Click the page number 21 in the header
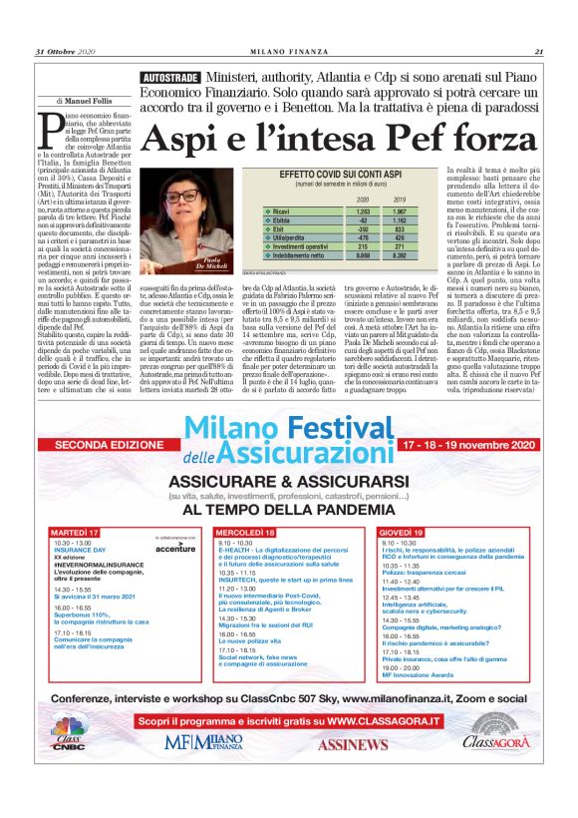tap(538, 51)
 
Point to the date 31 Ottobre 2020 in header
tap(65, 51)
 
